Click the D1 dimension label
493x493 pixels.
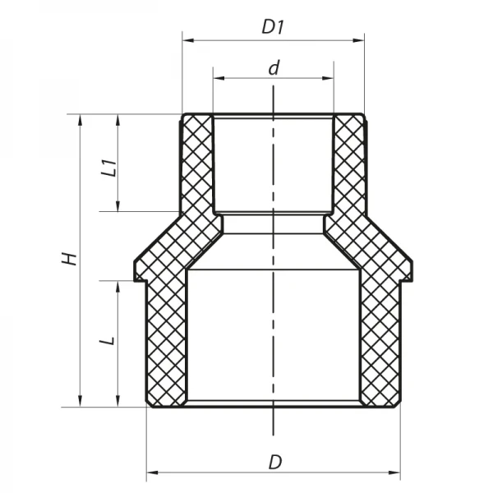click(272, 26)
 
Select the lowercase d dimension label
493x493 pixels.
click(273, 67)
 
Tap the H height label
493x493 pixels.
click(71, 260)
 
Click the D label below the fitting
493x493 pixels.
click(274, 462)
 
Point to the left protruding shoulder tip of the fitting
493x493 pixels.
click(136, 272)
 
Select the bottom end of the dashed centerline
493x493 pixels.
click(272, 433)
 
